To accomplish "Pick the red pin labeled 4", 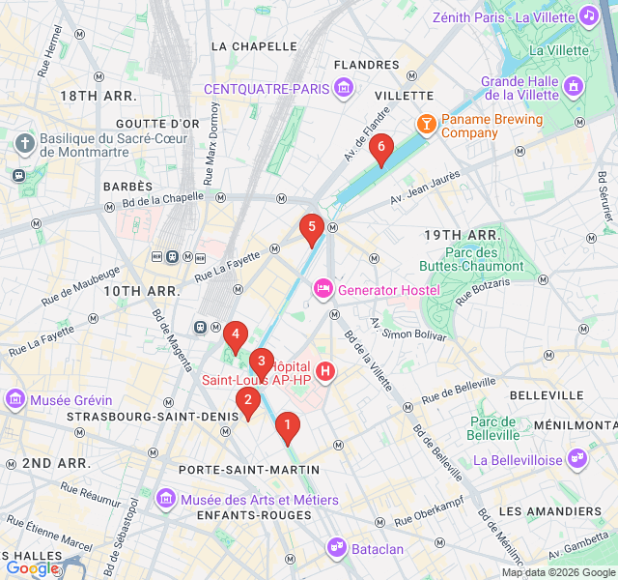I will click(234, 336).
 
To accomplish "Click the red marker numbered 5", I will click(310, 229).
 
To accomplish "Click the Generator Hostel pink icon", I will click(323, 289).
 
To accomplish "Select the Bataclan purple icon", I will click(337, 548).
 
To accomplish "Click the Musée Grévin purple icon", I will click(14, 398).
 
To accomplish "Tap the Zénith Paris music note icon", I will click(588, 16).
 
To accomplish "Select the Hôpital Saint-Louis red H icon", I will click(325, 371).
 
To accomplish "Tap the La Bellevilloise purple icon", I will click(577, 459).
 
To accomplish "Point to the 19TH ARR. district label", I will click(462, 235).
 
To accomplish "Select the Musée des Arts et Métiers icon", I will click(166, 499).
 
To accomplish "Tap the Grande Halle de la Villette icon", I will click(574, 87).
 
